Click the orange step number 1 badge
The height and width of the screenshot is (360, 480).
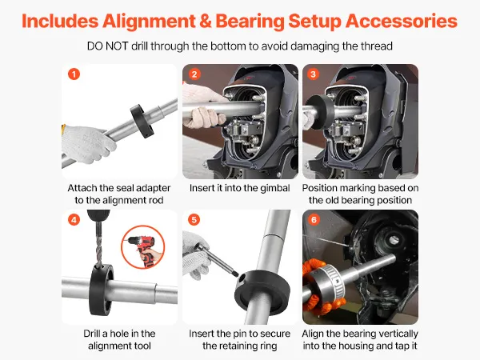pos(74,74)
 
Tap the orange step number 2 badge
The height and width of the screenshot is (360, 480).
pos(194,74)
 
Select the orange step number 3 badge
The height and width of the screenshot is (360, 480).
pos(313,74)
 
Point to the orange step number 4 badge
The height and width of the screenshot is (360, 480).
pos(74,220)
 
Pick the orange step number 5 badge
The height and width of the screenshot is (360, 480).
pos(194,220)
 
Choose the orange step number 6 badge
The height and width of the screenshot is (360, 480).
pos(314,220)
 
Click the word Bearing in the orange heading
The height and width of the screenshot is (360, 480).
pos(250,22)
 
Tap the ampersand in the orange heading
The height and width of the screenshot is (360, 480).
pos(205,22)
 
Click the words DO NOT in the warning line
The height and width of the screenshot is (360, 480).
pos(107,46)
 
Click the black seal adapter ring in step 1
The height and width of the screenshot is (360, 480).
pos(142,121)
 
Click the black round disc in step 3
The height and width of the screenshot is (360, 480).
pos(320,112)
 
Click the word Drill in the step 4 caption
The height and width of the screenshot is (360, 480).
pos(93,334)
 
